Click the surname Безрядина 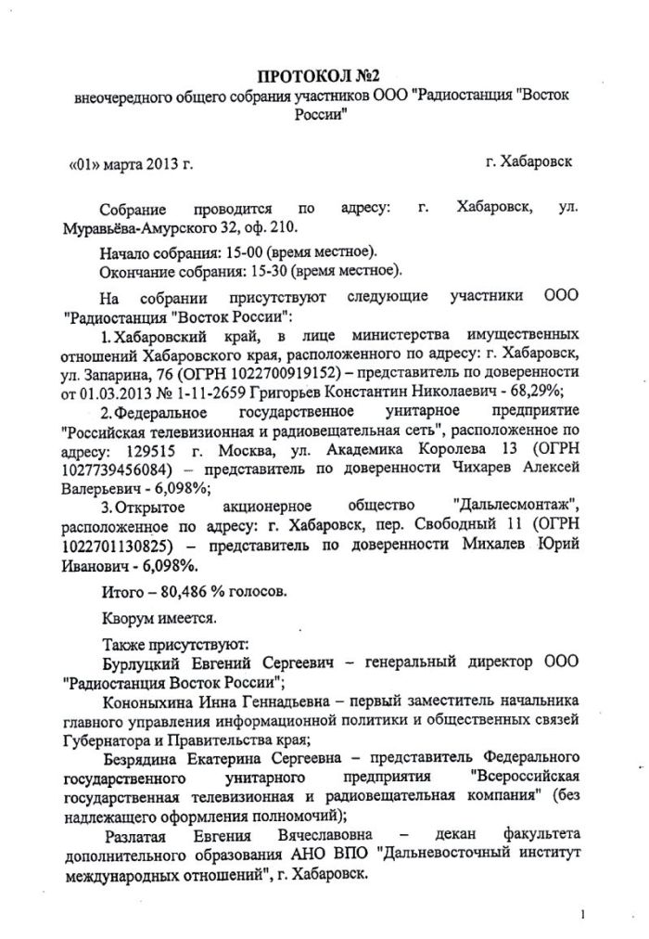click(145, 760)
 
